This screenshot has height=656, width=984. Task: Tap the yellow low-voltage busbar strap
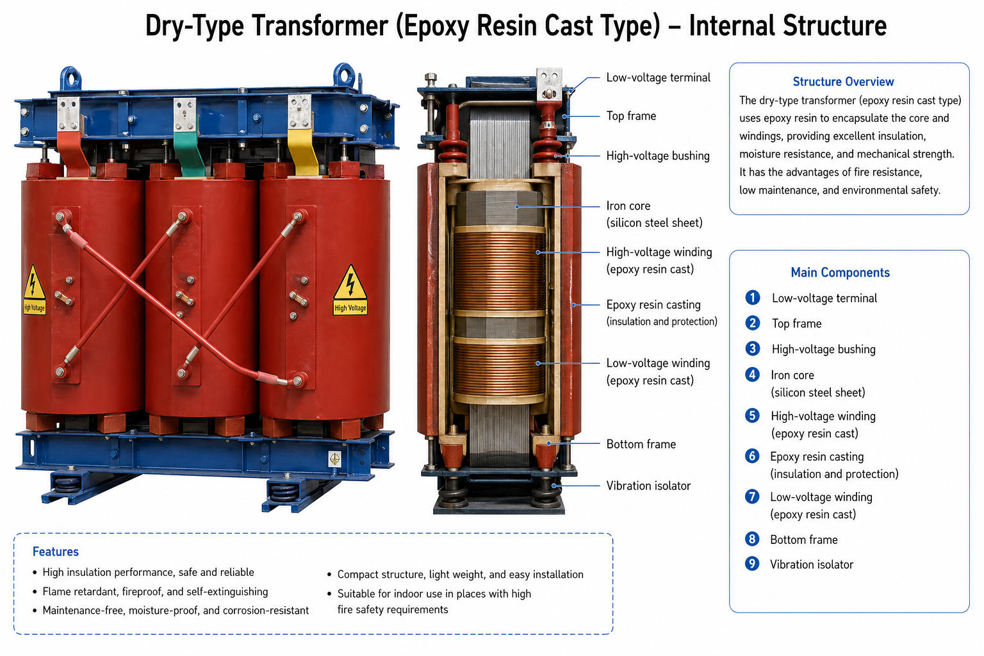pyautogui.click(x=303, y=152)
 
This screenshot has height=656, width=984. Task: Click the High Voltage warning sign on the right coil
pyautogui.click(x=350, y=290)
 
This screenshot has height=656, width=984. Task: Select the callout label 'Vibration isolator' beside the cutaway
pyautogui.click(x=648, y=486)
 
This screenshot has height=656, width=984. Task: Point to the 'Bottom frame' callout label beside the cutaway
pyautogui.click(x=641, y=444)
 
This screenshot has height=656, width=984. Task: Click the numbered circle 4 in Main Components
pyautogui.click(x=752, y=374)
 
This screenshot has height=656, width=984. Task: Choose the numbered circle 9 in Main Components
pyautogui.click(x=752, y=564)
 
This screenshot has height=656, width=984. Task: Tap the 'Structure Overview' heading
pyautogui.click(x=843, y=82)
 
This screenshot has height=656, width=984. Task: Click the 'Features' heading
pyautogui.click(x=55, y=552)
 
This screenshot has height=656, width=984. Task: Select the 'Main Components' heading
pyautogui.click(x=840, y=272)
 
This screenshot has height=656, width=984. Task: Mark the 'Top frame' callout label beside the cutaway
pyautogui.click(x=631, y=116)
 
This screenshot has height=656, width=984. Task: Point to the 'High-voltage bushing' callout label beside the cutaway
pyautogui.click(x=658, y=156)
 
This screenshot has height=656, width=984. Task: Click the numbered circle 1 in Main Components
pyautogui.click(x=753, y=297)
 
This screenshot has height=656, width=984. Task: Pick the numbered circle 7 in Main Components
pyautogui.click(x=752, y=496)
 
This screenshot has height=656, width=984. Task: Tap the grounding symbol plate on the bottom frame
pyautogui.click(x=335, y=459)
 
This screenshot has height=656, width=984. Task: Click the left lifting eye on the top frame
pyautogui.click(x=70, y=78)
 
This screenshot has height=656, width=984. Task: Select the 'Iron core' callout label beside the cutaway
pyautogui.click(x=628, y=206)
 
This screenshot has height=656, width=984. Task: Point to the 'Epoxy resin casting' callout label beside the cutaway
pyautogui.click(x=653, y=304)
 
